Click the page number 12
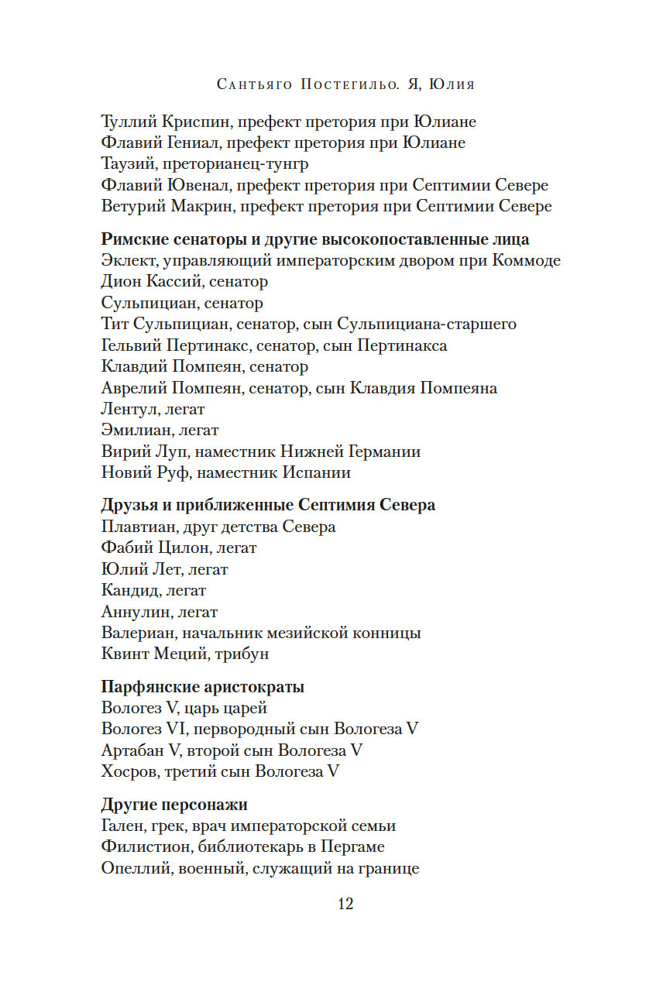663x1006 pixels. click(345, 904)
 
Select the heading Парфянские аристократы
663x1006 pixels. click(203, 687)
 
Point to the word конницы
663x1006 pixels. click(385, 633)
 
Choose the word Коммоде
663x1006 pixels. click(526, 260)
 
